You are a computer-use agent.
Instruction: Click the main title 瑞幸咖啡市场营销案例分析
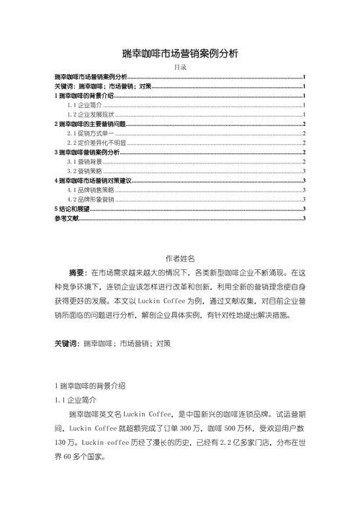point(180,54)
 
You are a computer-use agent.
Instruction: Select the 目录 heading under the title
point(180,67)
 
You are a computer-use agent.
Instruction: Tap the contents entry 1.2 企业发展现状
point(91,114)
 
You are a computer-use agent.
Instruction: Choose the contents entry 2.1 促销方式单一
point(91,134)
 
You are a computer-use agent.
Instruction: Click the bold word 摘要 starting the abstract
point(77,274)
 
